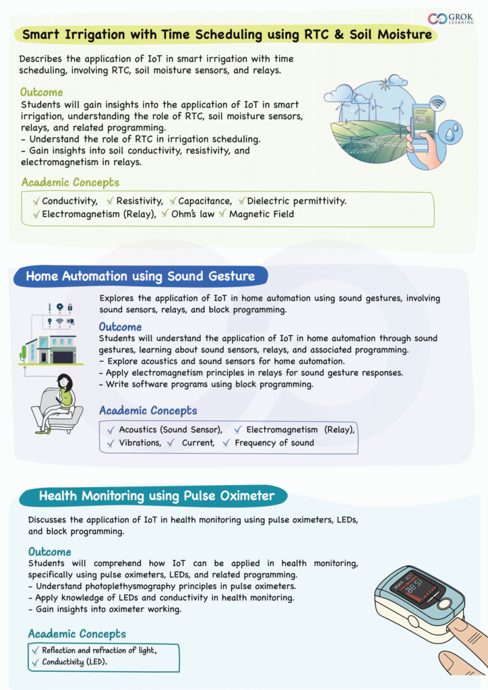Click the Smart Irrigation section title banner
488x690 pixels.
point(226,34)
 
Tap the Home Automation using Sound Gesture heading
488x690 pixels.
point(140,276)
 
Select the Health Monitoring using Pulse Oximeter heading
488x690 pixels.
point(156,497)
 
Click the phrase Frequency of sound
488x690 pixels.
point(274,443)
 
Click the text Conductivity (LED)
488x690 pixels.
point(75,662)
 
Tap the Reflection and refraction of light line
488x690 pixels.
point(99,650)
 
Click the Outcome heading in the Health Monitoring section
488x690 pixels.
point(49,552)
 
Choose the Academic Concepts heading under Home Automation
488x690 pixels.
point(148,410)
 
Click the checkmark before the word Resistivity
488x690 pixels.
point(110,201)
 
